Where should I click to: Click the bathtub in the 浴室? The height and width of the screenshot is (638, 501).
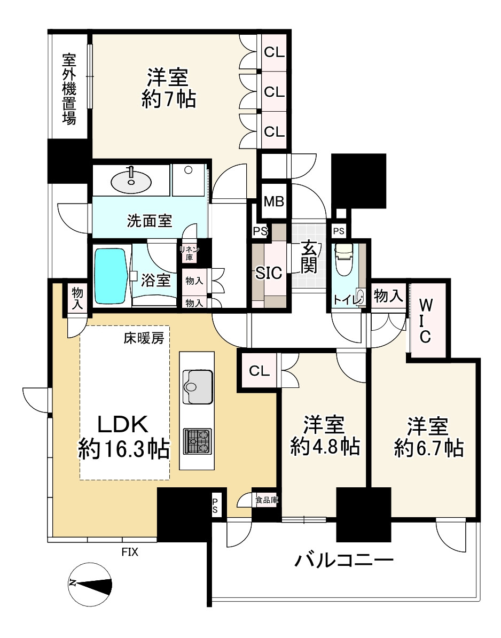111,275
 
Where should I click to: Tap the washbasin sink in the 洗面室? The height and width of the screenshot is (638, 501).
131,182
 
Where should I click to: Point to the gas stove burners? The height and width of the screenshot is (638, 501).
197,441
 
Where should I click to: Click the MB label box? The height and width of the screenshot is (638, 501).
274,203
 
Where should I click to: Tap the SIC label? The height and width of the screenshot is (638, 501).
268,273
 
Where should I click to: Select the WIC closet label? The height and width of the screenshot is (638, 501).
426,321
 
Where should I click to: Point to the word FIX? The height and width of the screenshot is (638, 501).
129,552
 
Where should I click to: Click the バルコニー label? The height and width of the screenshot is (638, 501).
345,561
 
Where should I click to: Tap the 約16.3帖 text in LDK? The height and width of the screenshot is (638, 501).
124,448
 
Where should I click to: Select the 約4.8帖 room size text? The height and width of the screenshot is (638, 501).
324,447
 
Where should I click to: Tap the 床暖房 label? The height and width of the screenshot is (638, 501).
144,338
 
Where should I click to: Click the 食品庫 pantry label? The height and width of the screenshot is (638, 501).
265,500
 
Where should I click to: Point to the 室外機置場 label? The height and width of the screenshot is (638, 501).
69,89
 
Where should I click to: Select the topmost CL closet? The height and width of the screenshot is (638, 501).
275,52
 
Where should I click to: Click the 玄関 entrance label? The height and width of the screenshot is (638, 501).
308,257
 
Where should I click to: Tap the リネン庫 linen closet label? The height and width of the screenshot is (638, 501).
189,253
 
